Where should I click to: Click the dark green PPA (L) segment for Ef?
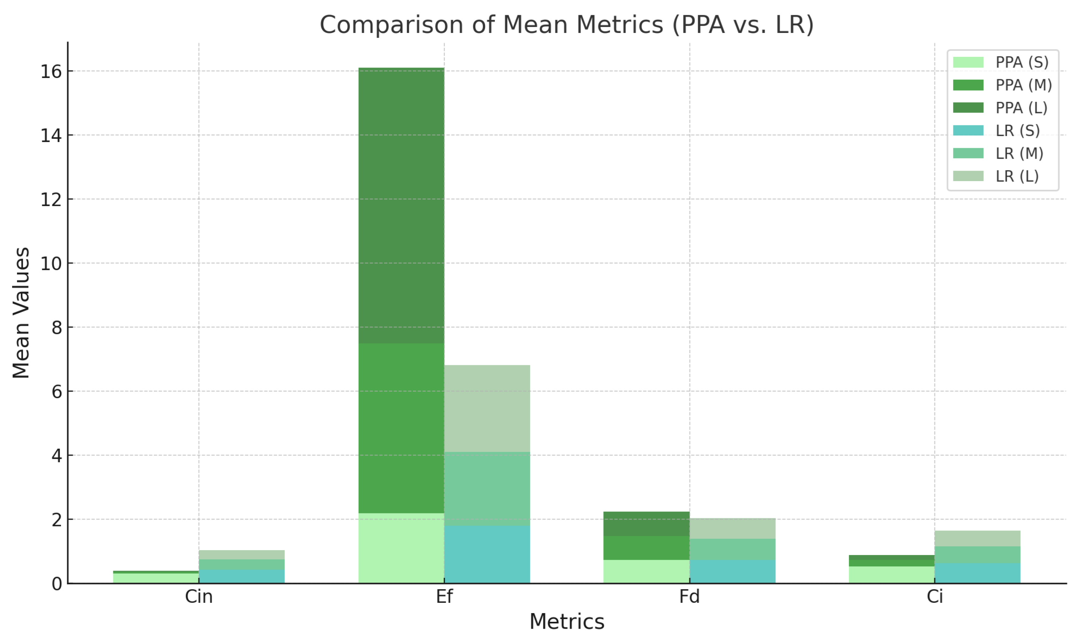(x=401, y=205)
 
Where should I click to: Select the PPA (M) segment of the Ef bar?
(x=401, y=428)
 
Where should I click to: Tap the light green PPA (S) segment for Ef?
(x=401, y=548)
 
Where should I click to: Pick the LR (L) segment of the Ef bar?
(x=487, y=408)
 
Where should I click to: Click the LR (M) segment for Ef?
(x=487, y=489)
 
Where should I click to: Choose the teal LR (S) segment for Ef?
(x=487, y=554)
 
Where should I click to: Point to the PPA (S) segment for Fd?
(x=647, y=571)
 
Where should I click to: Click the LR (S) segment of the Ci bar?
(x=977, y=573)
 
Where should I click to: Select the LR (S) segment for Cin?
(x=242, y=576)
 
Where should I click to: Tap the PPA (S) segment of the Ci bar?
(x=892, y=574)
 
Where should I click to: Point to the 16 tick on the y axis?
(x=51, y=72)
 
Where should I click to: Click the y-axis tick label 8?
(x=57, y=328)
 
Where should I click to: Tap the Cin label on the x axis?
(x=199, y=597)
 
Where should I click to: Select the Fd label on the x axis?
(x=689, y=597)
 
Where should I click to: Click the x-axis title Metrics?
(x=567, y=622)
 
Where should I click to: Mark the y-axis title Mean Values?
(x=21, y=313)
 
